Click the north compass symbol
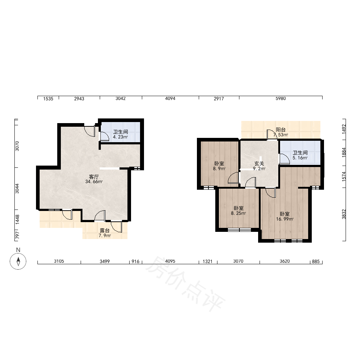tap(18, 261)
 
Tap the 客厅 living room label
tap(94, 176)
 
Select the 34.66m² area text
tap(94, 181)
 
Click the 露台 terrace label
tap(105, 230)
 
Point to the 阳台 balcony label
tap(280, 130)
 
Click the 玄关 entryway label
tap(259, 163)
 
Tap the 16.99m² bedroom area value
tap(285, 219)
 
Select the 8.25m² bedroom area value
tap(238, 213)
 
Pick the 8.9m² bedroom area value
tap(219, 168)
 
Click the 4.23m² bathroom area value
tap(120, 137)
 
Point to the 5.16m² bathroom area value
tap(300, 158)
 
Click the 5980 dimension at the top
tap(280, 99)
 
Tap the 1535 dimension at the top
tap(48, 99)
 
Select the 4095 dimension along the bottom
tap(170, 261)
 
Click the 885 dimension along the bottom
tap(316, 261)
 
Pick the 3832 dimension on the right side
tap(344, 214)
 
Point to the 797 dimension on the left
tap(17, 235)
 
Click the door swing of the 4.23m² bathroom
tap(105, 136)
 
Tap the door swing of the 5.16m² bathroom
tap(284, 159)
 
